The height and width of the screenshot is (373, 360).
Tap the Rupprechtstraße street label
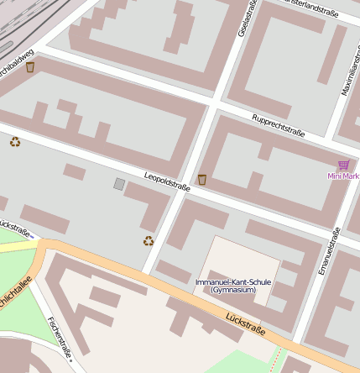(x=278, y=124)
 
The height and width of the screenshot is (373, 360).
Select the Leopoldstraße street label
(x=167, y=182)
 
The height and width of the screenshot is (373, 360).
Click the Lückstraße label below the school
(x=245, y=325)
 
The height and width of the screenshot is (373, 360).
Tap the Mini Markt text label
(x=343, y=176)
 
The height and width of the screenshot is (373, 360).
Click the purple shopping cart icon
(x=343, y=165)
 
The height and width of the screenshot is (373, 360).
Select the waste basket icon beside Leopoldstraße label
(x=202, y=179)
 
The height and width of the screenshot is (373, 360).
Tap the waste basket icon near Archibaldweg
(x=31, y=67)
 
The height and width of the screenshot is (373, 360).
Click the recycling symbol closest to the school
(x=149, y=241)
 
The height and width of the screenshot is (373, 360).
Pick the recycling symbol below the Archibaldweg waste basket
(x=15, y=141)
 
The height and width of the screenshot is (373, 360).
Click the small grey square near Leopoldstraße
(x=119, y=183)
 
